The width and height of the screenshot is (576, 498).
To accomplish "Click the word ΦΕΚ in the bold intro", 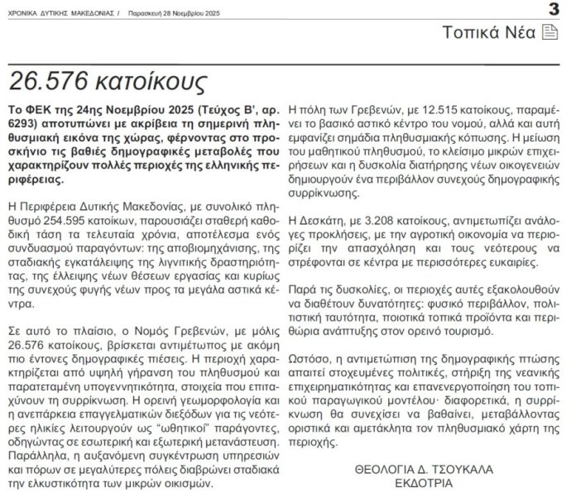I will [x=38, y=109].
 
